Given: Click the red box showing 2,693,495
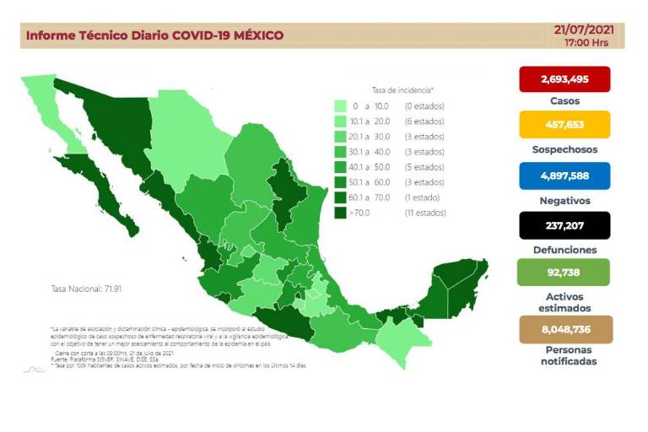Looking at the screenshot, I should pos(564,78).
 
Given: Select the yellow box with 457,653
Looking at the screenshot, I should pos(564,127).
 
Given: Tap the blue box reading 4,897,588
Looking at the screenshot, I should pos(564,176).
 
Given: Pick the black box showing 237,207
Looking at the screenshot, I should pos(564,225).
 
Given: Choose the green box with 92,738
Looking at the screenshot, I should pos(564,274).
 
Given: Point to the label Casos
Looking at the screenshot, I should pos(564,101).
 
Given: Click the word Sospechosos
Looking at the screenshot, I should pos(564,149).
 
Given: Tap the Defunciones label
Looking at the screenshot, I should pos(564,250).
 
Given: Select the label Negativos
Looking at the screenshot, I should pos(564,201).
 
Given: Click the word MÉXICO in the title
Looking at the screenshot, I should pos(252,35).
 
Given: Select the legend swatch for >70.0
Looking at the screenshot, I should pos(340,213).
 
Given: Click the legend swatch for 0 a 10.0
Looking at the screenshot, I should pos(340,106).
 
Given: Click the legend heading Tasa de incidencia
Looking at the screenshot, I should pos(402,89).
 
